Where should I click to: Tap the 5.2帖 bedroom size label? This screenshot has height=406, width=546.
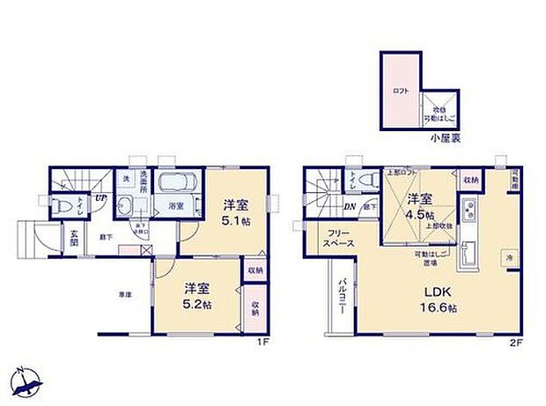pos(196,305)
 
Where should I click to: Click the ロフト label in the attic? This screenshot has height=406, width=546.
pos(399,90)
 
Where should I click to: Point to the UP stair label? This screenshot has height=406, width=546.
pos(101,197)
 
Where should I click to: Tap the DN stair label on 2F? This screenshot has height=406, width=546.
pos(350,207)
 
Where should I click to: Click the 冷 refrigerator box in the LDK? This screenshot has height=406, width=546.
pos(508,257)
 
